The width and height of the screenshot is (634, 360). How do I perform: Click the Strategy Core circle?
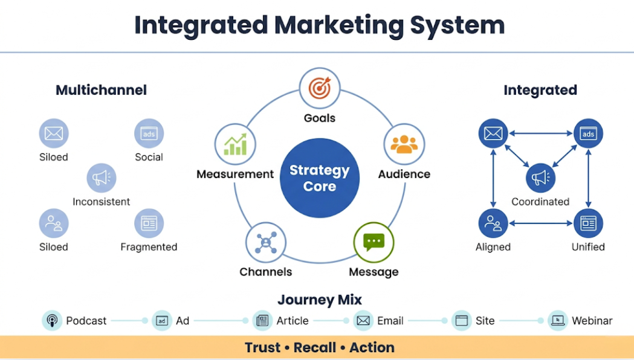click(x=319, y=178)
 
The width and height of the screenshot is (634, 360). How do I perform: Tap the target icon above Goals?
click(x=320, y=88)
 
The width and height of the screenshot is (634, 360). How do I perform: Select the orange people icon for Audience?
click(x=404, y=144)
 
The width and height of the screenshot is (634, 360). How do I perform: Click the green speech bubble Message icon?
click(x=374, y=242)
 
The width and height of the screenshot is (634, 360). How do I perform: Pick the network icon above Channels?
click(x=265, y=242)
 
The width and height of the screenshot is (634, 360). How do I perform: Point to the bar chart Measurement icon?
click(x=235, y=144)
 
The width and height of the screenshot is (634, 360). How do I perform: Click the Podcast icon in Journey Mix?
click(x=52, y=321)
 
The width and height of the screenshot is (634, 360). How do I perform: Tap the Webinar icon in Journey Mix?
click(x=557, y=321)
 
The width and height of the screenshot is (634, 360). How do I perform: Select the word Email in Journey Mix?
click(x=390, y=321)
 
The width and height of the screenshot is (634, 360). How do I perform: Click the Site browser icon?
click(x=462, y=321)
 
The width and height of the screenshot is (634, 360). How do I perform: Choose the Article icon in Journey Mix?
click(x=262, y=321)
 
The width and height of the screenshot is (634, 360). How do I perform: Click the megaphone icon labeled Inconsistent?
click(x=102, y=178)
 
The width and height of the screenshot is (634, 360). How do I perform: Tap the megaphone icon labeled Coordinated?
click(x=540, y=178)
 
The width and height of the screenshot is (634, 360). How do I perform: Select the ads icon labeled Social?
click(x=149, y=133)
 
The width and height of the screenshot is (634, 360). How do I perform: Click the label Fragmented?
click(x=149, y=247)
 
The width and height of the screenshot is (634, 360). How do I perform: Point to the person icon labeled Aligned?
click(x=493, y=223)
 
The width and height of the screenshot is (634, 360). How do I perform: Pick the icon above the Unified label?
click(x=588, y=223)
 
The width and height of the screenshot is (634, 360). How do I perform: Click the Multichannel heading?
click(x=101, y=91)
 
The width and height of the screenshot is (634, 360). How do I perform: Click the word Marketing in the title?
click(x=338, y=25)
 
